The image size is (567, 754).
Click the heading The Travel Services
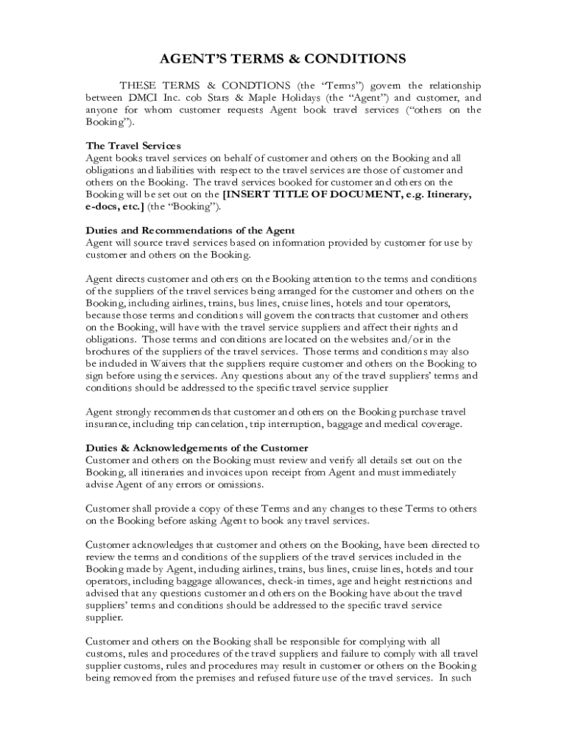[x=133, y=145]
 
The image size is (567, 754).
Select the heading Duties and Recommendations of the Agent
[x=191, y=230]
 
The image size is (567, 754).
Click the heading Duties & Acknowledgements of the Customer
[x=197, y=448]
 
